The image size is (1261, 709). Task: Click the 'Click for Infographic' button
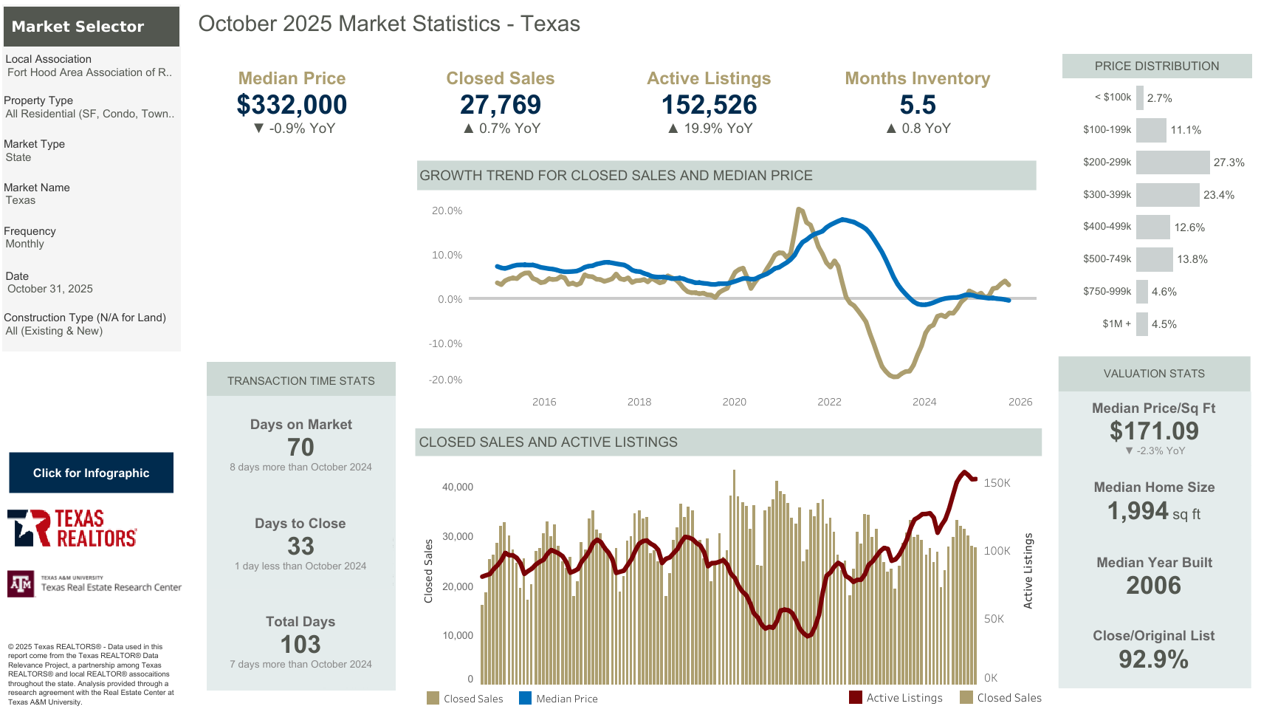click(91, 473)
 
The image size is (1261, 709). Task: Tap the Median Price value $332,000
click(292, 105)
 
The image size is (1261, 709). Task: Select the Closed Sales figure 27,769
click(501, 105)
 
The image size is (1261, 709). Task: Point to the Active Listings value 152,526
click(709, 105)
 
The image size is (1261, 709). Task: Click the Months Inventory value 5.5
click(918, 105)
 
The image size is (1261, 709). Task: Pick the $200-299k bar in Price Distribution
click(1172, 162)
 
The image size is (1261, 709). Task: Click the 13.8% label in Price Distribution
click(1192, 259)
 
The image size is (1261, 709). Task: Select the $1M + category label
click(1116, 323)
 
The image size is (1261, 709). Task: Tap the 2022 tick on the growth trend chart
click(829, 402)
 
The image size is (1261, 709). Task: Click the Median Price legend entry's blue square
click(525, 698)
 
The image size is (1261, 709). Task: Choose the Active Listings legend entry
click(896, 698)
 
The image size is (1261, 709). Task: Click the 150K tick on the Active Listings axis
click(997, 483)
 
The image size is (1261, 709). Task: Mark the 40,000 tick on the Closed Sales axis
click(458, 487)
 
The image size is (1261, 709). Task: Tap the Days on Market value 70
click(300, 447)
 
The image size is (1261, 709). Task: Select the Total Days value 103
click(300, 644)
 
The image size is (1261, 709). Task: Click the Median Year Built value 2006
click(1153, 585)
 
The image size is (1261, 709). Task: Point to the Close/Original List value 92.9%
click(1153, 659)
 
